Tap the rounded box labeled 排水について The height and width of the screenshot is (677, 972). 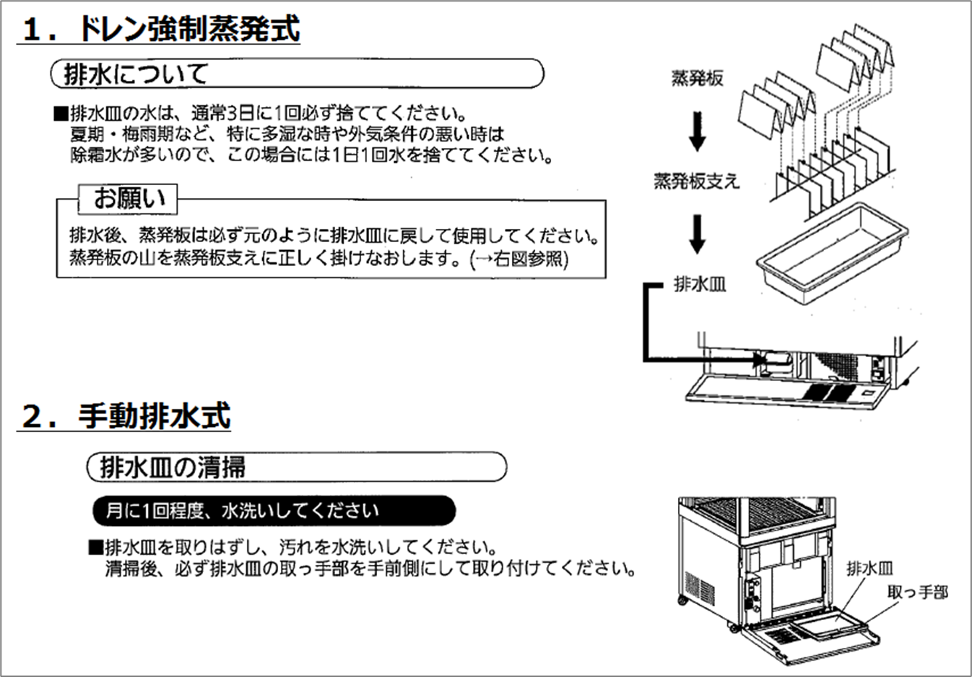click(297, 74)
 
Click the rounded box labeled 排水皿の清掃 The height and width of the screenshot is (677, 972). click(296, 467)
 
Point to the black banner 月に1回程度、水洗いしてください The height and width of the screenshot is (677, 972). click(274, 511)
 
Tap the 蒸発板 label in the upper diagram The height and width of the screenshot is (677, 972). click(697, 79)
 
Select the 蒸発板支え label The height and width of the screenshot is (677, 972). click(696, 181)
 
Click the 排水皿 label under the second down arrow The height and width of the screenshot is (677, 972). click(699, 284)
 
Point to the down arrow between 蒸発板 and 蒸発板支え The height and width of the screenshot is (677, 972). click(698, 130)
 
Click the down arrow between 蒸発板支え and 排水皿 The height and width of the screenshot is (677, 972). click(698, 233)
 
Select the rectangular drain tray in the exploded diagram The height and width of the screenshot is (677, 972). click(830, 248)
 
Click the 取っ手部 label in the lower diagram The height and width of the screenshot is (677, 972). click(917, 592)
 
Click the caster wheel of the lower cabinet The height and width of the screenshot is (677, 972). click(683, 600)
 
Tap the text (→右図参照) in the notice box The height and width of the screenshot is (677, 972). click(519, 259)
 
